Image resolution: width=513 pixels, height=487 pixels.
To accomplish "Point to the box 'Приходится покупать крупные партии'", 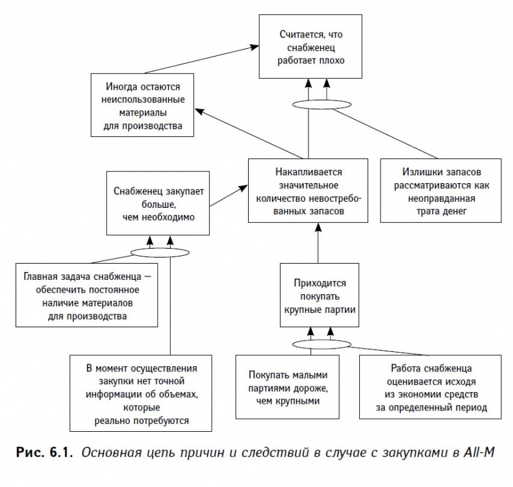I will point(317,295).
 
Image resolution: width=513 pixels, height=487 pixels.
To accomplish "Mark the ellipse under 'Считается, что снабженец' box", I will point(316,103).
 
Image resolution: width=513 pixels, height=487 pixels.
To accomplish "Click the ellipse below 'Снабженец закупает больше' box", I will point(160,251).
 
